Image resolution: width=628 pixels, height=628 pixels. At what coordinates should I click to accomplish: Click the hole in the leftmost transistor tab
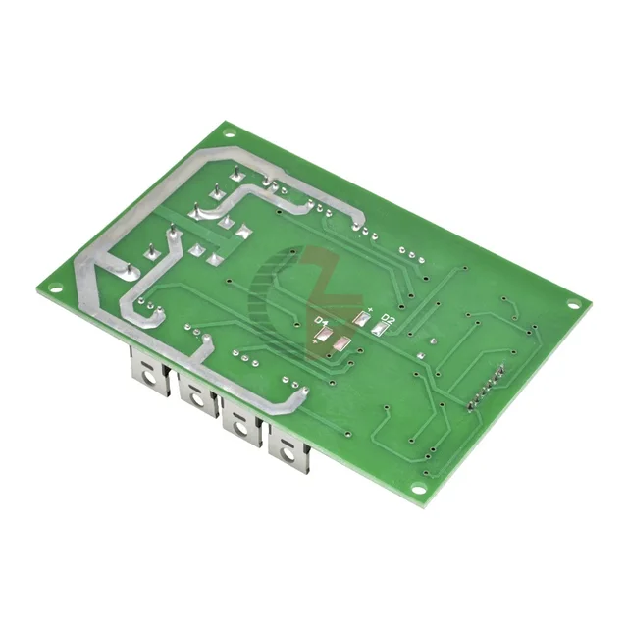[147, 374]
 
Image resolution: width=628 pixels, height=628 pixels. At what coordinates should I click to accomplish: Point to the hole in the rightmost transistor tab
[288, 452]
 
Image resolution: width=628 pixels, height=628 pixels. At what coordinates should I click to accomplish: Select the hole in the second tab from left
[196, 398]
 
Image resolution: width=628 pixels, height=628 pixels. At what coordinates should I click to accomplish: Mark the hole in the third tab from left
[240, 425]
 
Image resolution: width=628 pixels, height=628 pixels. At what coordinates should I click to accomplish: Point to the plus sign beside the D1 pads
[315, 339]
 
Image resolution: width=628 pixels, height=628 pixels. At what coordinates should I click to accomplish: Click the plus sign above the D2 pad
[371, 307]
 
